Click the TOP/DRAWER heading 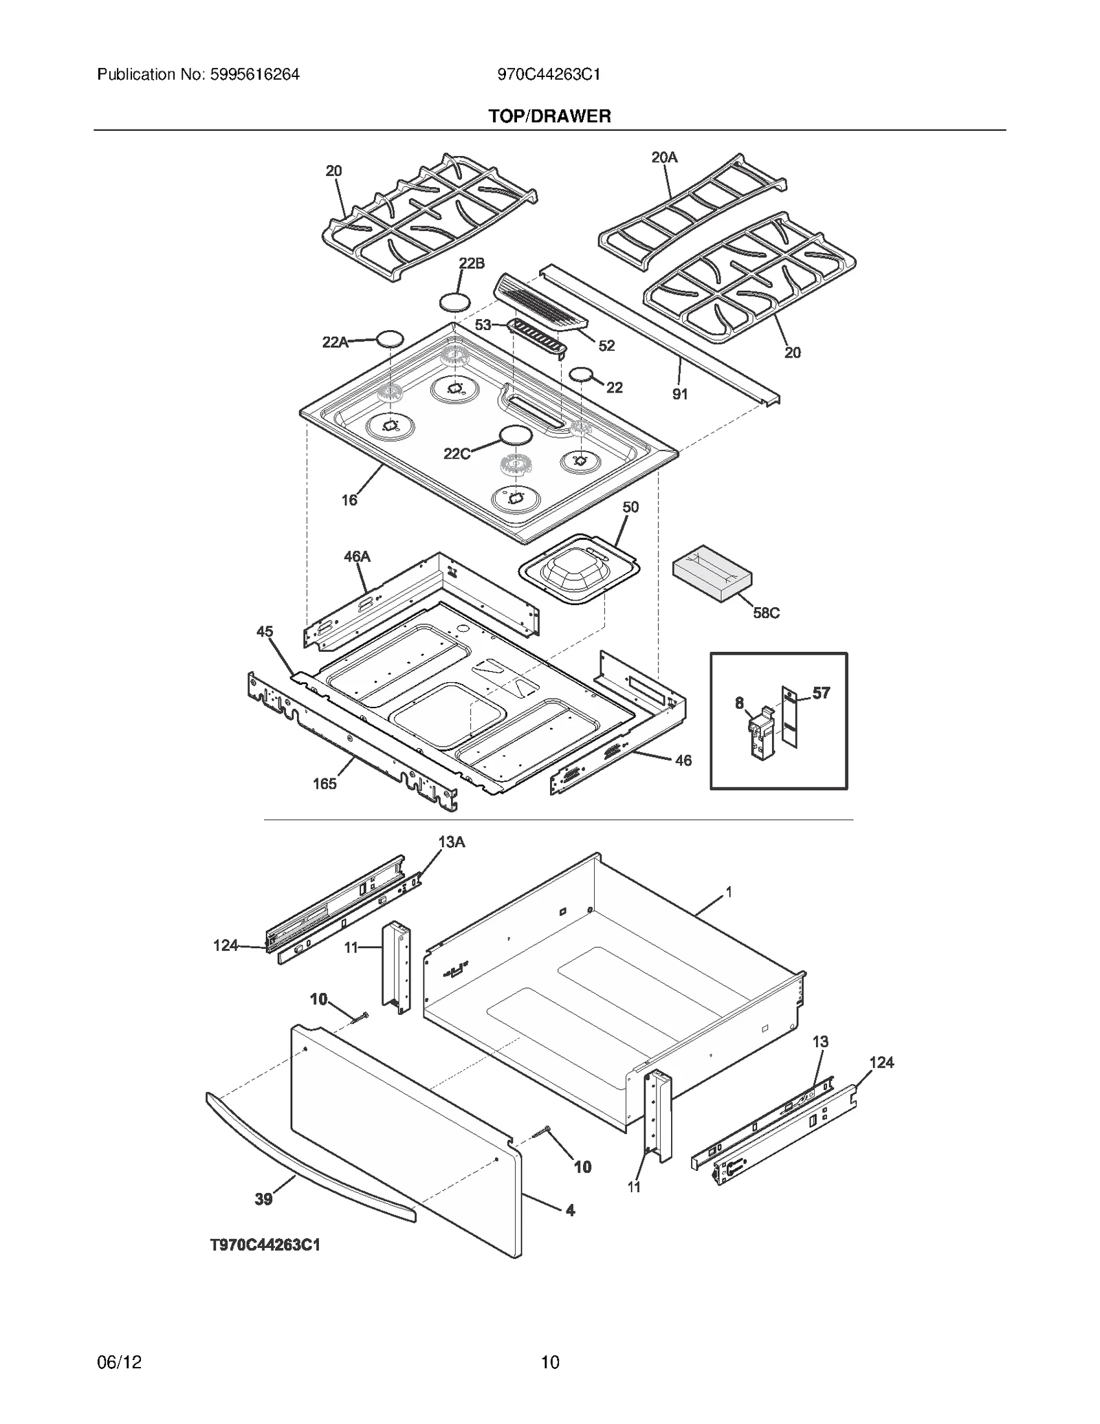coord(549,116)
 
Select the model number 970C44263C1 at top coord(549,74)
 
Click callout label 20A coord(664,157)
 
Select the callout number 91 coord(680,394)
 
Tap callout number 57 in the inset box coord(821,693)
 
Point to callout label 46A coord(357,556)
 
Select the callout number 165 coord(324,784)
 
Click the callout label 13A coord(451,842)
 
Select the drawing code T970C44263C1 coord(265,1245)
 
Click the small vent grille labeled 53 coord(538,337)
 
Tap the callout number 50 coord(630,507)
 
